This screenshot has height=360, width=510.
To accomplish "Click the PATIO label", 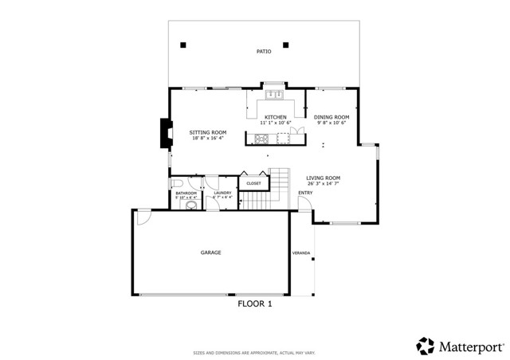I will [x=264, y=52].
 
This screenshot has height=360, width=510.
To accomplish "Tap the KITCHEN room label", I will [x=276, y=117].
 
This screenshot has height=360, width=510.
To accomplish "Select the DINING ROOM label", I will [x=331, y=117].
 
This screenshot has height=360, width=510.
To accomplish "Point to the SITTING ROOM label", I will [x=207, y=131].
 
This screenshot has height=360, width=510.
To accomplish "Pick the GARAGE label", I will [x=210, y=252].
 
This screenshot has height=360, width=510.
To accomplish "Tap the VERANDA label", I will [x=302, y=253].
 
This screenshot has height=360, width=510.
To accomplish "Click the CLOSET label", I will [x=253, y=183].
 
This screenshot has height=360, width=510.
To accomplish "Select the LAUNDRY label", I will [x=223, y=192].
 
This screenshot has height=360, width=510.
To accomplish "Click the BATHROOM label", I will [x=186, y=192].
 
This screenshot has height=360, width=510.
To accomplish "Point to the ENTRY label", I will [x=305, y=192].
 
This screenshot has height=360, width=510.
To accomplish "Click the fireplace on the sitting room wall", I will [x=165, y=134].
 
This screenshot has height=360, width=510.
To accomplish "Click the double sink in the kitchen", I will [x=275, y=95].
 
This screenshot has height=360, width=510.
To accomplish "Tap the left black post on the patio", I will [x=184, y=44].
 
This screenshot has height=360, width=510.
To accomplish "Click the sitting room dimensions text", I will [x=207, y=138].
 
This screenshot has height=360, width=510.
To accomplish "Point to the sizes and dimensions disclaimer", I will [x=255, y=330].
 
